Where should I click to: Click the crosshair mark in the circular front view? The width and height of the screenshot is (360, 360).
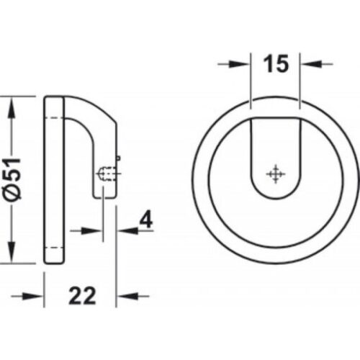pyautogui.click(x=274, y=174)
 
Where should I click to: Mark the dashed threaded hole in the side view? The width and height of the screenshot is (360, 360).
pyautogui.click(x=104, y=173)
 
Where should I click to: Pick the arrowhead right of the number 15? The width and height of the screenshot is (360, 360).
pyautogui.click(x=307, y=64)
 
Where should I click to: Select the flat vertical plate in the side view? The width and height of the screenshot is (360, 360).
pyautogui.click(x=53, y=180)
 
